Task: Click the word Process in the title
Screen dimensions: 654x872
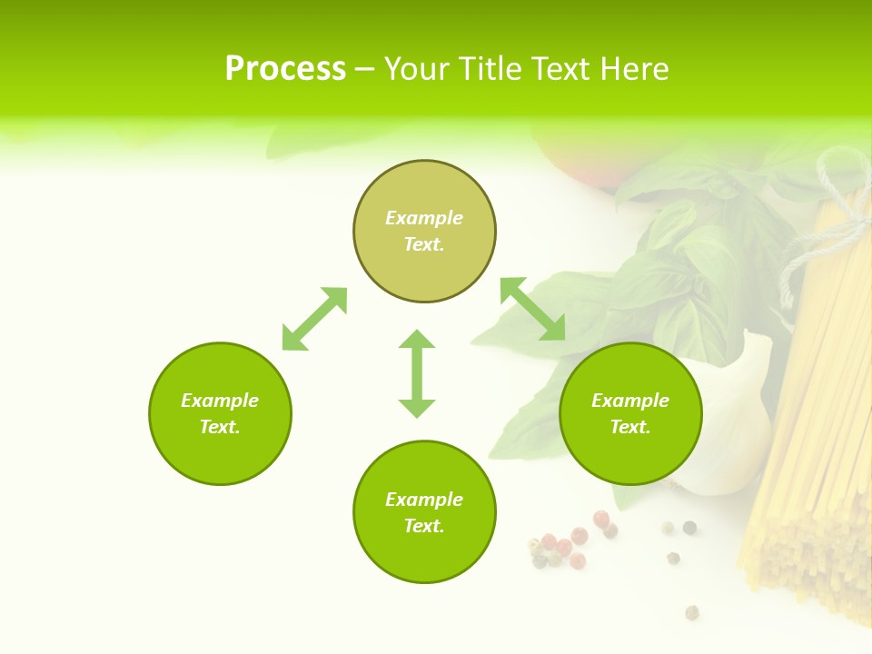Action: click(285, 69)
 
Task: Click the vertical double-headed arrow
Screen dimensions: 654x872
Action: click(417, 373)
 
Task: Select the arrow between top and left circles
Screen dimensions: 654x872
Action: click(314, 319)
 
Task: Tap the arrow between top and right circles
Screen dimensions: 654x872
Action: click(533, 309)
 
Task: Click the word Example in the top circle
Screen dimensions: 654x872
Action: click(424, 218)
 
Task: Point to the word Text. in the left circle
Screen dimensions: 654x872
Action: click(220, 427)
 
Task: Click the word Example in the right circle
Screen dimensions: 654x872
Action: click(630, 401)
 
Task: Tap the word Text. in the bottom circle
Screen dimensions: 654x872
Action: click(424, 526)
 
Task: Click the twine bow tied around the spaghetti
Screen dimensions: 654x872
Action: click(840, 200)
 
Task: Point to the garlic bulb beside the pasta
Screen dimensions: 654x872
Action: click(736, 427)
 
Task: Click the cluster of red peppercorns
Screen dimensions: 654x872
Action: click(572, 540)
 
